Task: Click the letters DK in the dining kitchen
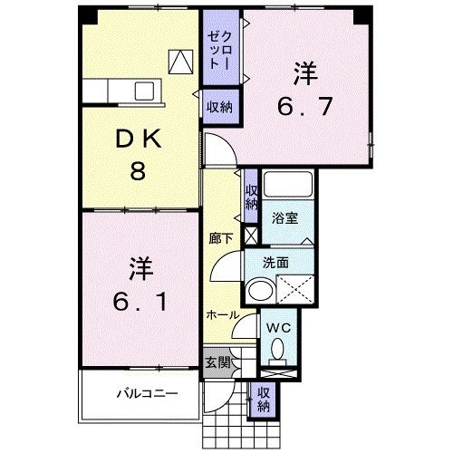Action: tap(137, 140)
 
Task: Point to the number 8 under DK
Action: tap(137, 170)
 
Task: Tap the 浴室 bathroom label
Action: tap(284, 217)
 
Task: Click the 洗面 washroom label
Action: tap(275, 263)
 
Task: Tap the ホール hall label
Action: tap(223, 315)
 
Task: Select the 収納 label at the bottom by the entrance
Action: tap(263, 399)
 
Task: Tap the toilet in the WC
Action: tap(278, 348)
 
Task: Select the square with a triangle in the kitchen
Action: tap(181, 60)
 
